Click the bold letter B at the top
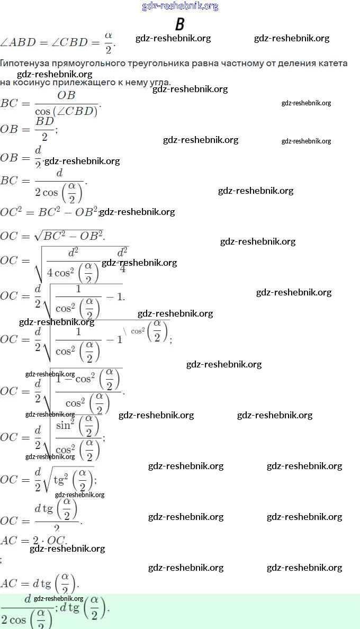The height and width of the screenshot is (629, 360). click(180, 24)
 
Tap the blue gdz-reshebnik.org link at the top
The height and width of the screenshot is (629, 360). click(180, 6)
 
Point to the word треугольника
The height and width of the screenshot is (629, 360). click(158, 63)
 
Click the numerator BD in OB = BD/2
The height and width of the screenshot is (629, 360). click(45, 121)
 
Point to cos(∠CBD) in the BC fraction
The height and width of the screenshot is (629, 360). click(66, 111)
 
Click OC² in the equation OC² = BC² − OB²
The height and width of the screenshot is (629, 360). click(11, 212)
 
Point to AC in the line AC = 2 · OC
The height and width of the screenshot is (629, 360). click(9, 541)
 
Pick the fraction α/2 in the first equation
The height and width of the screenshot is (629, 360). click(109, 42)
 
